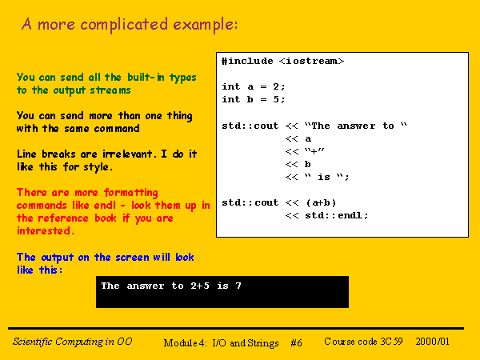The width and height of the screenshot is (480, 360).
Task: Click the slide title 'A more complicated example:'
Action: point(130,25)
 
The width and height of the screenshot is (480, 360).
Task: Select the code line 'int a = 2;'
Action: point(254,86)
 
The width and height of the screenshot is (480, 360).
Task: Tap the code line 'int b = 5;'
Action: point(254,99)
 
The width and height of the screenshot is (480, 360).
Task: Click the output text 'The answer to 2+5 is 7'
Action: point(171,286)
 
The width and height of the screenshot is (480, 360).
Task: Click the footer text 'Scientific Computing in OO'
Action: point(73,342)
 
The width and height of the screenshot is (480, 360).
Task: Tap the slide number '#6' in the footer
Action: point(296,342)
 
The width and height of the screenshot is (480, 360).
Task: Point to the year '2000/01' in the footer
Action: point(433,342)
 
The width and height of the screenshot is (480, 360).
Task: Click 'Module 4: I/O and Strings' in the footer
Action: point(222,342)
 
